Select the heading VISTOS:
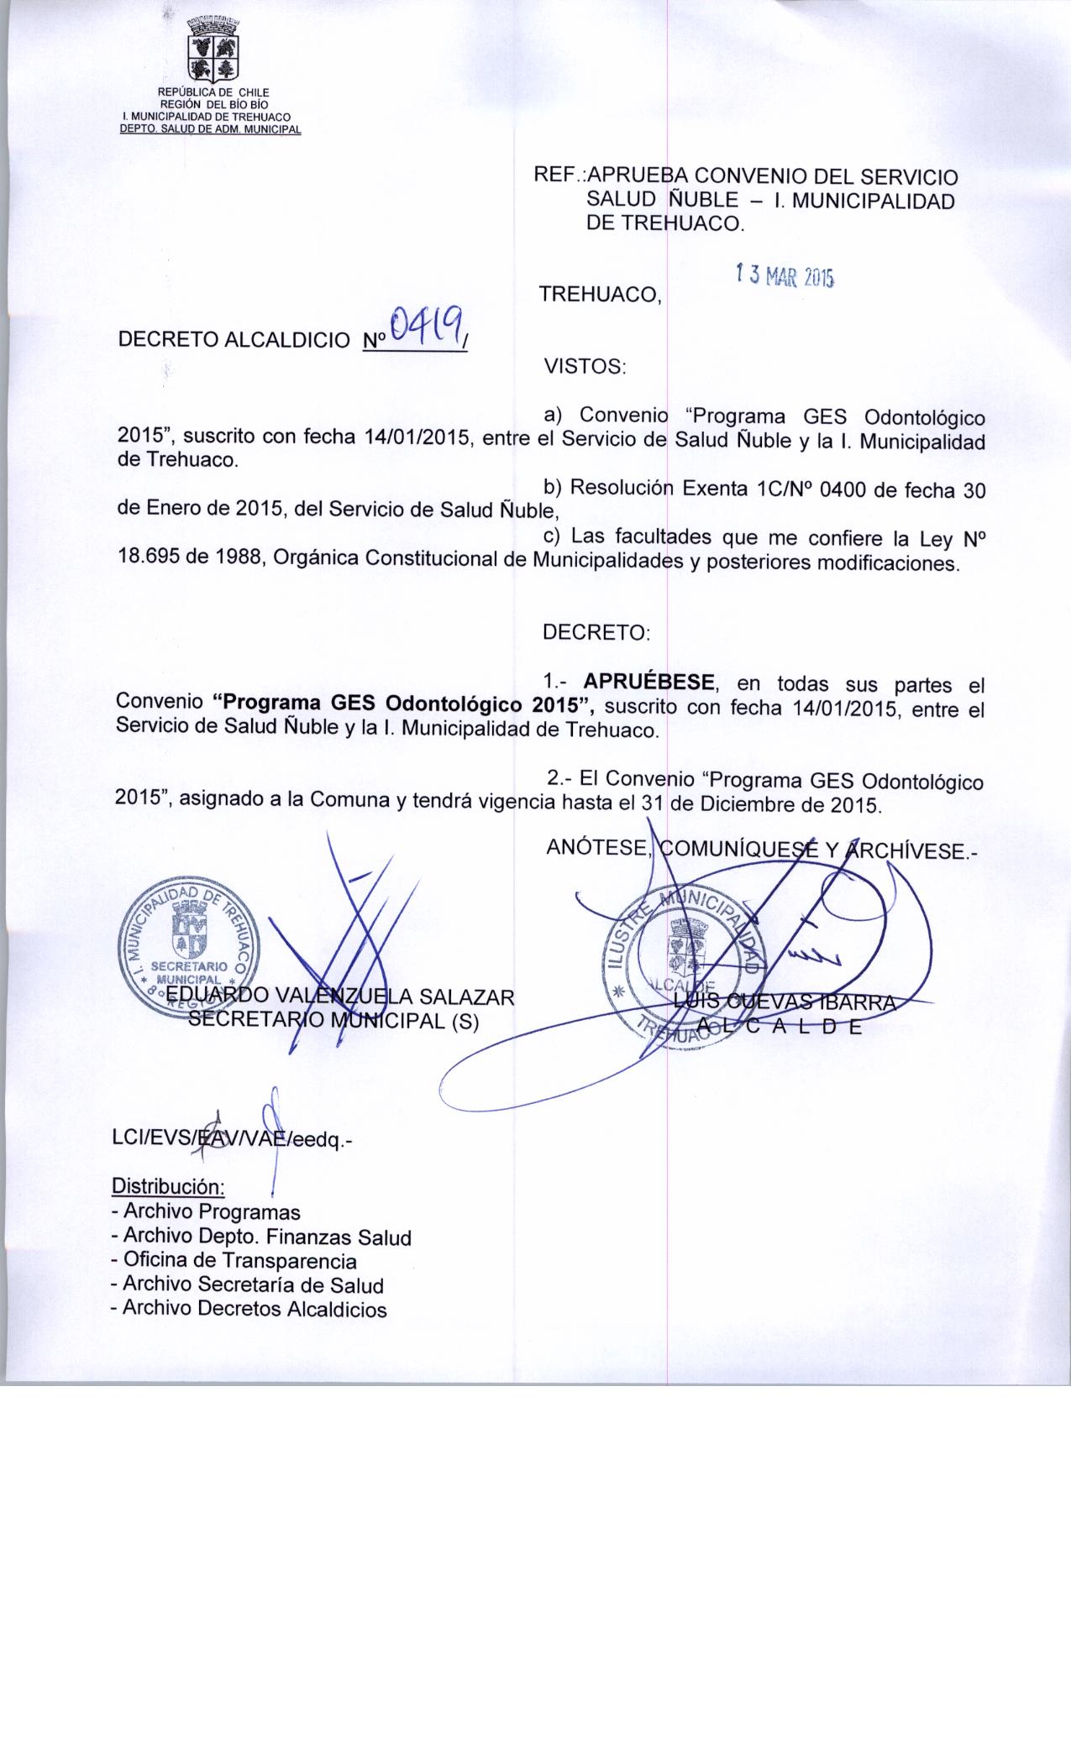point(585,367)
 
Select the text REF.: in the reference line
point(560,177)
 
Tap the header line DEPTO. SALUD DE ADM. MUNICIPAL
point(211,128)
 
